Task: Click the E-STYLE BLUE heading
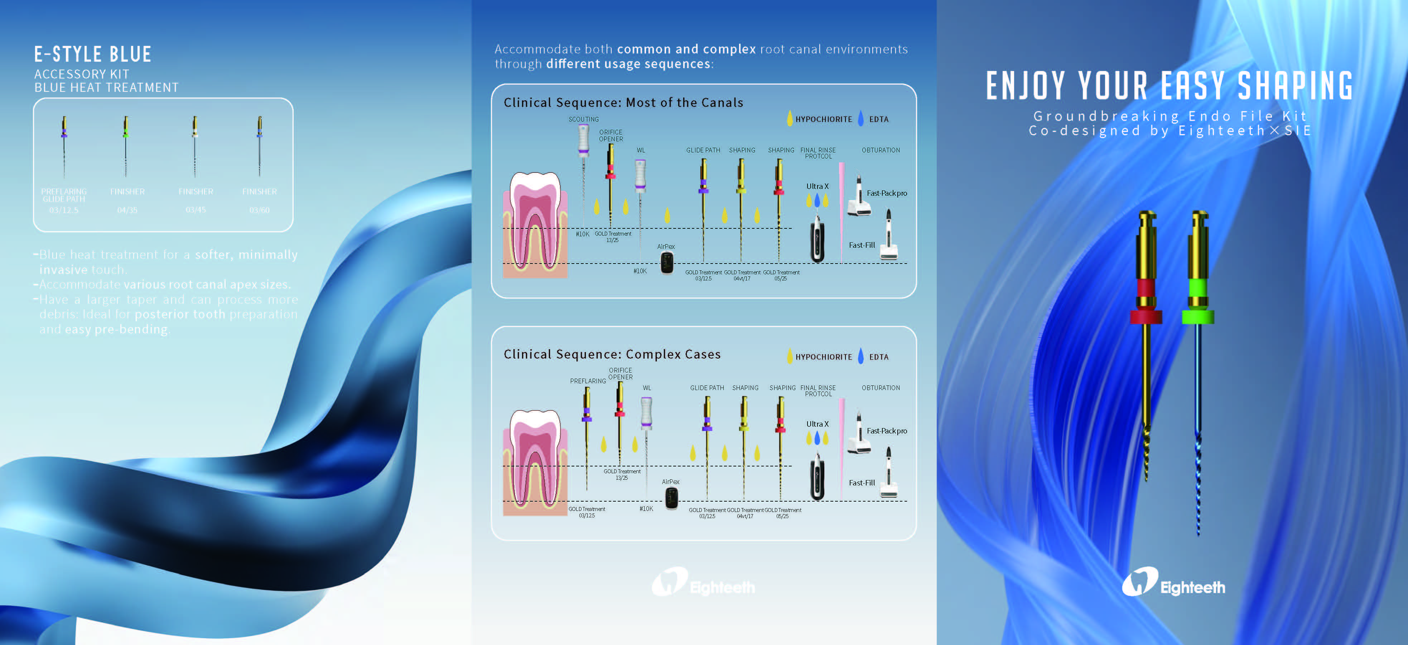[x=93, y=54]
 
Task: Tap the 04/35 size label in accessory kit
[x=127, y=210]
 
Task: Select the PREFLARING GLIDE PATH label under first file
[x=64, y=195]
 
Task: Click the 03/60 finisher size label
[x=260, y=210]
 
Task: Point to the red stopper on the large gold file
[x=1146, y=317]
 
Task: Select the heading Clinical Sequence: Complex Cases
[x=612, y=355]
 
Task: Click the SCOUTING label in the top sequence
[x=583, y=119]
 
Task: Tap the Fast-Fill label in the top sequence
[x=862, y=245]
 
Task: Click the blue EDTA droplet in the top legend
[x=861, y=119]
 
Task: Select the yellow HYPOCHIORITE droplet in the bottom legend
[x=789, y=357]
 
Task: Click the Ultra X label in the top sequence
[x=817, y=186]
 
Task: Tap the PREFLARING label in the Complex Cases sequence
[x=588, y=381]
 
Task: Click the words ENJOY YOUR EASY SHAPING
[x=1170, y=86]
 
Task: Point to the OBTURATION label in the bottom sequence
[x=881, y=388]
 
